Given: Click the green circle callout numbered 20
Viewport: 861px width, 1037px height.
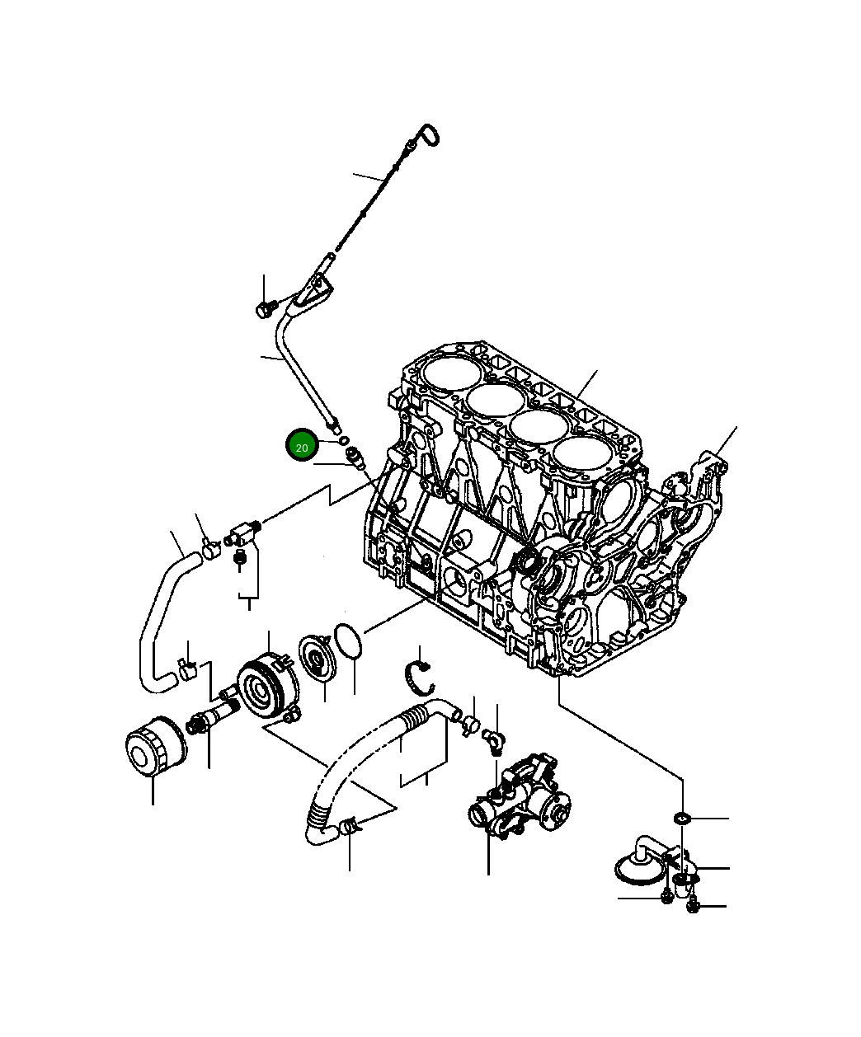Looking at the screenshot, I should coord(302,447).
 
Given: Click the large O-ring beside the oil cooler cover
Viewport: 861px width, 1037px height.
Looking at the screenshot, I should coord(347,642).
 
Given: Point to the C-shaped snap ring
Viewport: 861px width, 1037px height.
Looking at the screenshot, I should coord(421,677).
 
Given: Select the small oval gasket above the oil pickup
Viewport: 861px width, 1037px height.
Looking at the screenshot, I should coord(681,818).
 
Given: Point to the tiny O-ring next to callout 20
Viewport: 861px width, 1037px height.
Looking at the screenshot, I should coord(343,441).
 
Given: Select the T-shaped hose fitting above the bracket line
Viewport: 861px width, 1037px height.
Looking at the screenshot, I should coord(241,533).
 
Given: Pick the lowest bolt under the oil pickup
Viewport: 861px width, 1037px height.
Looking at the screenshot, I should coord(692,907).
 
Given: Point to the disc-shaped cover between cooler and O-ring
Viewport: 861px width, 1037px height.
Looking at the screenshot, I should coord(315,657).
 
